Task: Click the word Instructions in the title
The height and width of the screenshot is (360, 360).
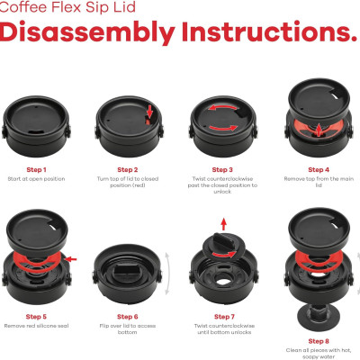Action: pyautogui.click(x=261, y=33)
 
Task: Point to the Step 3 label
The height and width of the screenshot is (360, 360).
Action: pyautogui.click(x=220, y=168)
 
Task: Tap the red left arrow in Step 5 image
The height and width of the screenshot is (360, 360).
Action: pyautogui.click(x=71, y=259)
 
